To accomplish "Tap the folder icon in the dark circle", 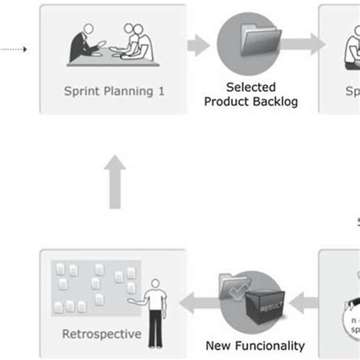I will (248, 43).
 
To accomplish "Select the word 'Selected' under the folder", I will (251, 87).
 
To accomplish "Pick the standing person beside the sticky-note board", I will (156, 311).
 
